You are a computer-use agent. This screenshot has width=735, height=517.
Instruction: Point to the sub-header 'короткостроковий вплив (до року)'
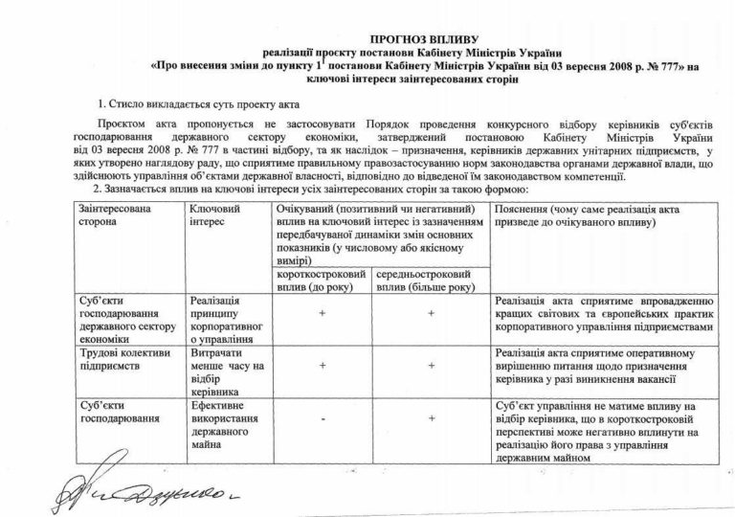click(317, 281)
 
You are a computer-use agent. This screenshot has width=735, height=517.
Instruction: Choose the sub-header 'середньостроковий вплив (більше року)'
click(427, 281)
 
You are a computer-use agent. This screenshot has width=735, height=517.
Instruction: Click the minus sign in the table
click(323, 418)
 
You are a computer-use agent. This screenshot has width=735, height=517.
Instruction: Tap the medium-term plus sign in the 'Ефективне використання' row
click(433, 418)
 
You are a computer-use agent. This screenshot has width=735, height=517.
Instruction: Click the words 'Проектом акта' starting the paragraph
click(131, 125)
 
